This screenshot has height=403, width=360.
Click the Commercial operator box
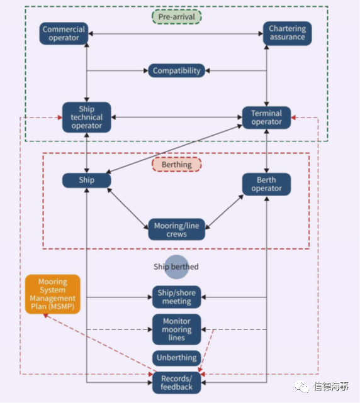tap(64, 33)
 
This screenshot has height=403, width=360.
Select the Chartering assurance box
tap(287, 33)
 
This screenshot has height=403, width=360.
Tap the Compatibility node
tap(176, 70)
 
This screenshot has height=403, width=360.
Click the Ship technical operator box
tap(87, 118)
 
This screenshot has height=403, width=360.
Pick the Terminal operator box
tap(266, 118)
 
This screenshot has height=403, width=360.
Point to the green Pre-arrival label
tap(176, 17)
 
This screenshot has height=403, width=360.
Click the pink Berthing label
tap(176, 165)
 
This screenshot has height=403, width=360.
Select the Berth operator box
tap(266, 184)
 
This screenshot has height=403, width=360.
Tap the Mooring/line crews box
tap(176, 229)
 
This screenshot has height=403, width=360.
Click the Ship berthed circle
tap(176, 267)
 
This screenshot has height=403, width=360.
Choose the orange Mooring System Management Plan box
tap(53, 294)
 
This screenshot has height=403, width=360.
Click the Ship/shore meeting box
tap(176, 297)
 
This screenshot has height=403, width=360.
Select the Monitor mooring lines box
tap(176, 329)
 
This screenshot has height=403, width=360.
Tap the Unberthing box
tap(176, 358)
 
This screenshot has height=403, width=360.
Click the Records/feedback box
tap(176, 383)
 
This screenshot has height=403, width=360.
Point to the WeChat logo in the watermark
tap(301, 386)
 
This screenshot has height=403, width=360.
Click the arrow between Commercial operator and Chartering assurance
tap(176, 34)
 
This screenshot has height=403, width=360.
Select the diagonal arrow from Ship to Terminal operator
tap(174, 149)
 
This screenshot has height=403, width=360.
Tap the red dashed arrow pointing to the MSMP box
tap(100, 343)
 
